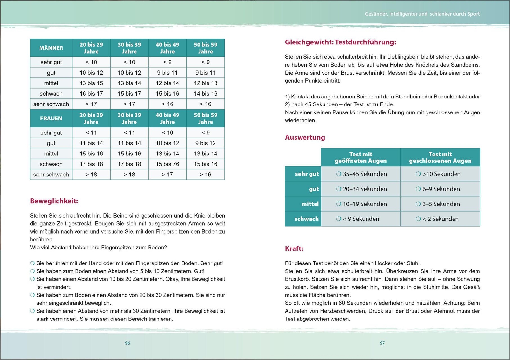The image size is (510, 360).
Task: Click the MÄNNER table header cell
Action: [51, 48]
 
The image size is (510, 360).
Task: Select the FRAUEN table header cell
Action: [51, 119]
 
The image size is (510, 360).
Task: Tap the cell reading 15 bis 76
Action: [167, 164]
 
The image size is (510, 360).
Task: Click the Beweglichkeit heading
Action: [54, 201]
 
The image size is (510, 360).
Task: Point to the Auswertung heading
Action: [305, 138]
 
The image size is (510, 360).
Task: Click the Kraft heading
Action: [294, 249]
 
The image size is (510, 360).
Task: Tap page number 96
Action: [127, 343]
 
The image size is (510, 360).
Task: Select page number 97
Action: [382, 343]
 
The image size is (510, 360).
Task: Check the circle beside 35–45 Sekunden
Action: [339, 174]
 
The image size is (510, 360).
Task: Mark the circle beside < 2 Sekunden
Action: [418, 219]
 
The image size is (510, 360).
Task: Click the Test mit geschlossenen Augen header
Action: [440, 157]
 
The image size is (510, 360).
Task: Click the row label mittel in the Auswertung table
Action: [310, 204]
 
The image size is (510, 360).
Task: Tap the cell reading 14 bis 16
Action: [206, 94]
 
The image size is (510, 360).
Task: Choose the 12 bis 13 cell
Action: [206, 83]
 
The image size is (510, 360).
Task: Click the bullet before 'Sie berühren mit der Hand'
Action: [32, 263]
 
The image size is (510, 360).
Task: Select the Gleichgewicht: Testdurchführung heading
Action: [340, 42]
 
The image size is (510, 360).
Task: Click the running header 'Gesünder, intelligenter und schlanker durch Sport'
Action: [422, 14]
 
